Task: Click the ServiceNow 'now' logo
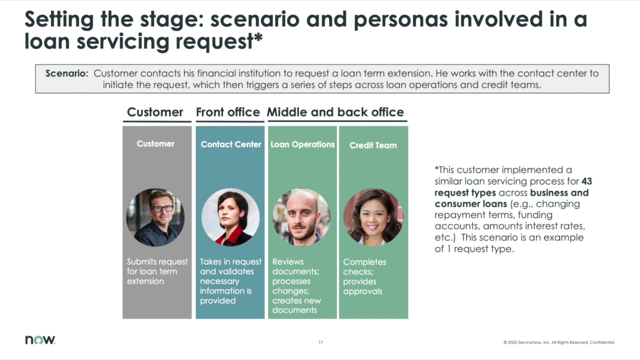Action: click(x=40, y=340)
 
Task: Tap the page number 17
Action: click(x=320, y=342)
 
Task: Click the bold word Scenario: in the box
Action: click(x=66, y=73)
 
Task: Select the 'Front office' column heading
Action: click(x=227, y=112)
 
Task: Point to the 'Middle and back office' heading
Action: click(x=335, y=112)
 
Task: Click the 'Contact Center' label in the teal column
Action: click(x=230, y=144)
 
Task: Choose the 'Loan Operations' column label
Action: click(x=302, y=144)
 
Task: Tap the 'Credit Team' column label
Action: click(x=373, y=145)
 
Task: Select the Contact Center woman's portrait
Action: click(x=230, y=217)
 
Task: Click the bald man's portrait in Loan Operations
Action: click(x=301, y=217)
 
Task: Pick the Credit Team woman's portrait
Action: click(x=373, y=217)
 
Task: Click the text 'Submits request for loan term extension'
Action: click(x=157, y=271)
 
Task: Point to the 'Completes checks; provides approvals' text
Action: click(x=364, y=276)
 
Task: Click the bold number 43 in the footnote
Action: click(x=586, y=181)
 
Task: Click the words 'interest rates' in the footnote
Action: click(x=556, y=226)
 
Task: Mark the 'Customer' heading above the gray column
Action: click(x=155, y=112)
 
